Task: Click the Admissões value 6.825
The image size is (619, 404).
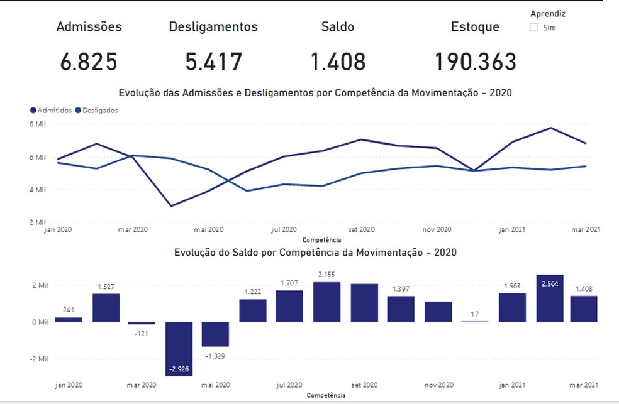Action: pos(89,62)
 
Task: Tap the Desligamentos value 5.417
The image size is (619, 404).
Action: pos(214,62)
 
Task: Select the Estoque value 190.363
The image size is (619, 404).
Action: pos(475,62)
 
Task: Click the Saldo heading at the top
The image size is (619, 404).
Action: pos(338,27)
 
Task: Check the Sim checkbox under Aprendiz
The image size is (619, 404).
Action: pos(534,28)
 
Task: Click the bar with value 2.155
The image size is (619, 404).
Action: pos(326,302)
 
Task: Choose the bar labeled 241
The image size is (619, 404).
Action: pos(69,319)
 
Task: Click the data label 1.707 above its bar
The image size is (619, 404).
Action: pos(289,284)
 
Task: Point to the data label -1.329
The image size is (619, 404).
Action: pos(216,356)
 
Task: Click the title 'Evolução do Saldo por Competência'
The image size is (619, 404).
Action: pos(315,253)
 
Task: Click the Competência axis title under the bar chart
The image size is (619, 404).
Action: pos(325,395)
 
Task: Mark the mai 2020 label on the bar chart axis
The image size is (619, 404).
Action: pos(216,385)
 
